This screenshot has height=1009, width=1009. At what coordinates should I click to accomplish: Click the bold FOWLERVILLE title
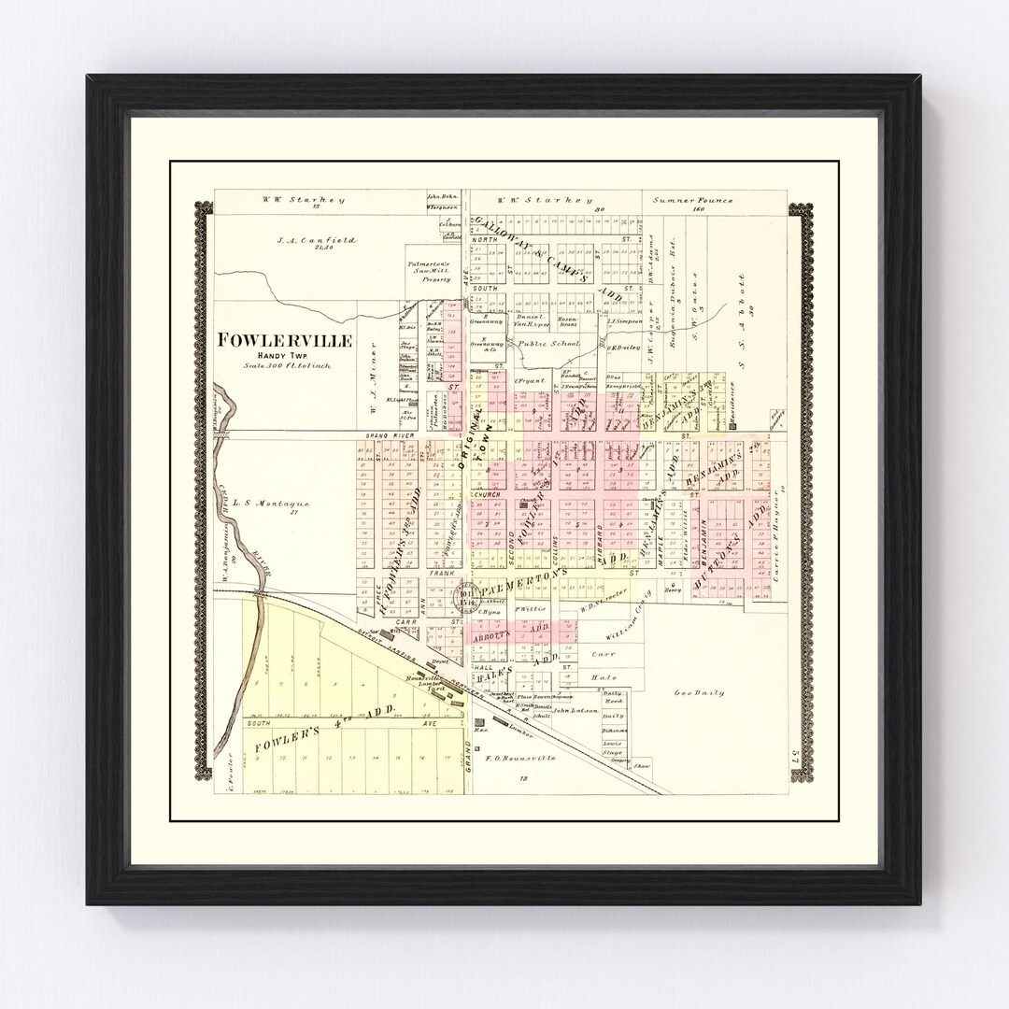[285, 341]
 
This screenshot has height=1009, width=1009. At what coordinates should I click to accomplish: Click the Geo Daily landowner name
[700, 692]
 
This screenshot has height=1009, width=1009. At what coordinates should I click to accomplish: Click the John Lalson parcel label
[574, 711]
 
